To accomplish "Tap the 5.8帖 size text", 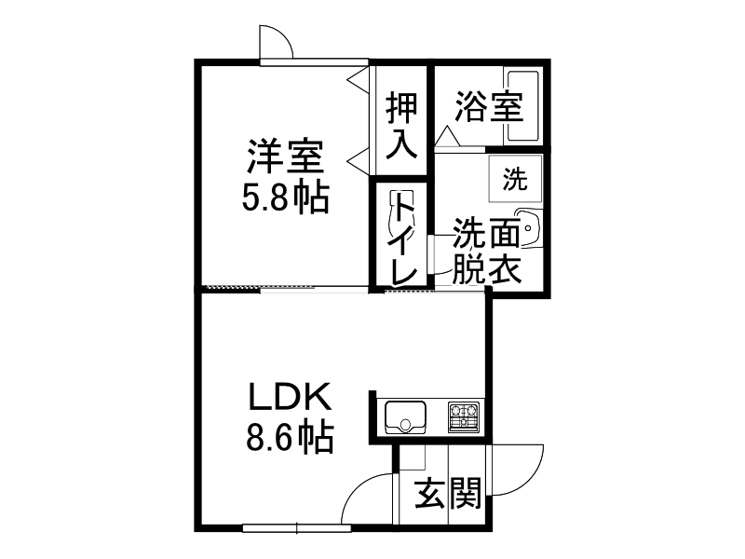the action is click(x=285, y=197).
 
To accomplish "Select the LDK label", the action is click(x=290, y=399).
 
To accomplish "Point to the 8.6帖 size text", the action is click(x=290, y=437).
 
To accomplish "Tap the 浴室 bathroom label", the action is click(x=488, y=107).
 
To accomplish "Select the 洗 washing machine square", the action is click(x=515, y=177).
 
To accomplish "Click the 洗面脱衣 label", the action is click(x=485, y=252).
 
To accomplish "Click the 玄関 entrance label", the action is click(x=448, y=493).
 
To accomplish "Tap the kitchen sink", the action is click(x=405, y=416).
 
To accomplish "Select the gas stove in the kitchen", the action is click(x=464, y=416).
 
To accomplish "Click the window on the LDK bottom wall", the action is click(x=296, y=528).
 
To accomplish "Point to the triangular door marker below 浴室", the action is click(x=446, y=138).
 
